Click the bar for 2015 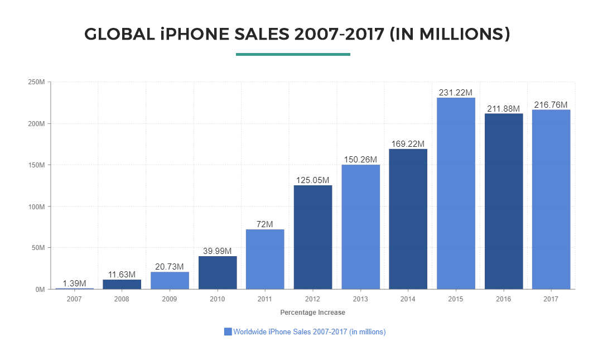pyautogui.click(x=456, y=193)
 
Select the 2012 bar pyautogui.click(x=313, y=237)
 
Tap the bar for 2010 pyautogui.click(x=218, y=272)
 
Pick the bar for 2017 pyautogui.click(x=551, y=199)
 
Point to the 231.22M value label pyautogui.click(x=456, y=93)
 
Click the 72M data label pyautogui.click(x=265, y=224)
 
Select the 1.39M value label pyautogui.click(x=74, y=284)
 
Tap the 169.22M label pyautogui.click(x=408, y=144)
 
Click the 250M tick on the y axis pyautogui.click(x=37, y=82)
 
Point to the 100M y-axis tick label pyautogui.click(x=37, y=207)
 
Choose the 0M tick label pyautogui.click(x=39, y=290)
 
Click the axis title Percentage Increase pyautogui.click(x=312, y=313)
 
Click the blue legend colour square pyautogui.click(x=228, y=332)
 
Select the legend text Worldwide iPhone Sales pyautogui.click(x=309, y=332)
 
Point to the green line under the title pyautogui.click(x=293, y=54)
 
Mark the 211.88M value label pyautogui.click(x=503, y=108)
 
